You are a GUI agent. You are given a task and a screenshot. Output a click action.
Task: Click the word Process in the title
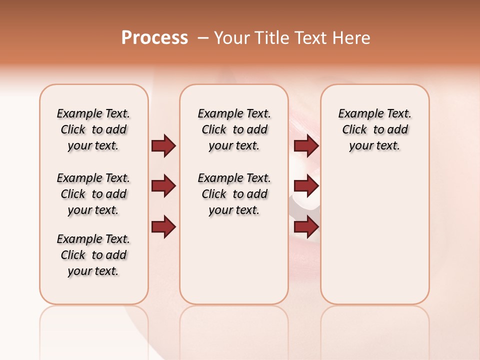click(154, 38)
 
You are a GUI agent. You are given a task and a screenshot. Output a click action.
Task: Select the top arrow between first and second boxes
click(163, 145)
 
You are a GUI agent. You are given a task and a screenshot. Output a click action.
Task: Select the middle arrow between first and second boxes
click(163, 186)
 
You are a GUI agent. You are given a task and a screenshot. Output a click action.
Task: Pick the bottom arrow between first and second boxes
click(163, 226)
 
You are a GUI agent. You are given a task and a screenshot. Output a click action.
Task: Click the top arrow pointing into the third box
click(306, 145)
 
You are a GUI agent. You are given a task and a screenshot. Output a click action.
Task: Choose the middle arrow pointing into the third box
click(306, 186)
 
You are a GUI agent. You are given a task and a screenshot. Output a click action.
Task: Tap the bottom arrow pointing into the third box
click(306, 226)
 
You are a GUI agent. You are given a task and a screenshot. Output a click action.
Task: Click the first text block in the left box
click(93, 129)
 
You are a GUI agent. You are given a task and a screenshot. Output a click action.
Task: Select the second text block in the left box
click(93, 194)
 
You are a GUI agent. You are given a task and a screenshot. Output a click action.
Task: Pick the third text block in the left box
click(93, 255)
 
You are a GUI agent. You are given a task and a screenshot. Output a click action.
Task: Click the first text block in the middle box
click(234, 129)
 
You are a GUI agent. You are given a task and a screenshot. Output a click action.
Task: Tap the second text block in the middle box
click(234, 194)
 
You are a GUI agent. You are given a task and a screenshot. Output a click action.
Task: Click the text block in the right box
click(374, 129)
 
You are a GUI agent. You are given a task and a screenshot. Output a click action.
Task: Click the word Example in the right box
click(357, 114)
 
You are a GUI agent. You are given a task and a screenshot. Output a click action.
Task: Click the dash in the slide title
click(203, 38)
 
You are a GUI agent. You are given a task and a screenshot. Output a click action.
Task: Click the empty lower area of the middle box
click(234, 260)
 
